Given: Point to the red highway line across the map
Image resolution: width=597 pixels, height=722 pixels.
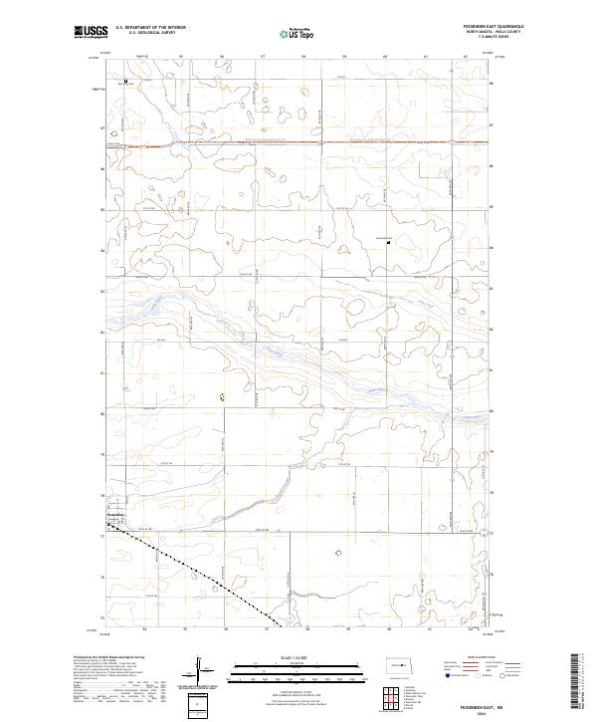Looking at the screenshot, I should pyautogui.click(x=298, y=143).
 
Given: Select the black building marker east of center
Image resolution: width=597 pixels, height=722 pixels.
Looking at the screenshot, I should pyautogui.click(x=389, y=240).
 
